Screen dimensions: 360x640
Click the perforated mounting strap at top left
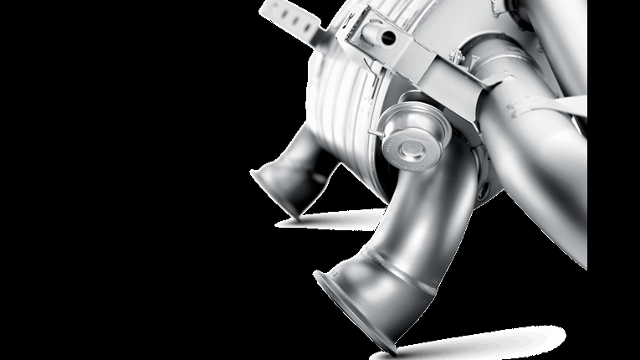pyautogui.click(x=293, y=18)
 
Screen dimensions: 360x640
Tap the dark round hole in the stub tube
pyautogui.click(x=387, y=35)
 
